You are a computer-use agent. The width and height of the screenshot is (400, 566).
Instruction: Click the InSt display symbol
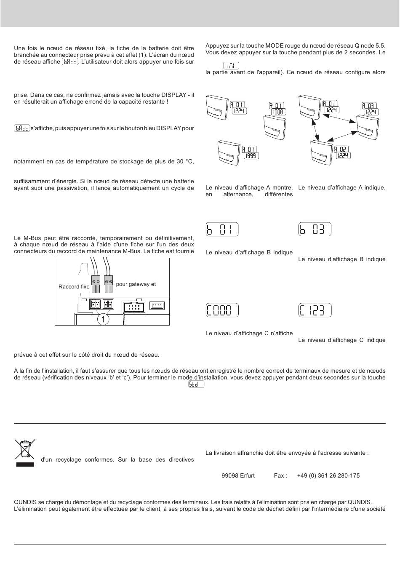click(231, 66)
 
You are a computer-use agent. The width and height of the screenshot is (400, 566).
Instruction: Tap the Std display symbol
click(196, 384)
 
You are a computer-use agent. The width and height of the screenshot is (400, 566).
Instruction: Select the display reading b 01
click(222, 229)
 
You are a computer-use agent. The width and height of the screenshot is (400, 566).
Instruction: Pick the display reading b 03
click(315, 229)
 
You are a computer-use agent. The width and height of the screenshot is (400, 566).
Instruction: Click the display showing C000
click(222, 310)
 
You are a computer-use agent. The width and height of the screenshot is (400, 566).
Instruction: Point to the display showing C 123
click(315, 310)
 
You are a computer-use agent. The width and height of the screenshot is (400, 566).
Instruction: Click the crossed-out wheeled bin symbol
click(25, 449)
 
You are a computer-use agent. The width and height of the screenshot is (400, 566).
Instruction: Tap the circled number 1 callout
click(103, 319)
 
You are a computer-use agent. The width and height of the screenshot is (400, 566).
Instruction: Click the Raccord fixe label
click(74, 286)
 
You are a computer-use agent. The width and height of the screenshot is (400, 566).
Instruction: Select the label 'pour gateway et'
click(136, 284)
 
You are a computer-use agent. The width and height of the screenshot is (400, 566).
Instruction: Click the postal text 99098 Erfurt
click(238, 475)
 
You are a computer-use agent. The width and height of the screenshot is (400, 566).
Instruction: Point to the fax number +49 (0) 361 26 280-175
click(328, 475)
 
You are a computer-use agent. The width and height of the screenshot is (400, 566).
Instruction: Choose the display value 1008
click(278, 112)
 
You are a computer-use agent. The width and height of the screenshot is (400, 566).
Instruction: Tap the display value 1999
click(251, 156)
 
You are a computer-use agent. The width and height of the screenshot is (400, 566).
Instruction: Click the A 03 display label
click(369, 105)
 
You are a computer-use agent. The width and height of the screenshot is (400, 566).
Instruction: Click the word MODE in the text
click(275, 46)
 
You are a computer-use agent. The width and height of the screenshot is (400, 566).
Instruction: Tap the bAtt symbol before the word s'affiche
click(22, 128)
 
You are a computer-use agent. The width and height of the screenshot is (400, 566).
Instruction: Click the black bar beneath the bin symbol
click(25, 465)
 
